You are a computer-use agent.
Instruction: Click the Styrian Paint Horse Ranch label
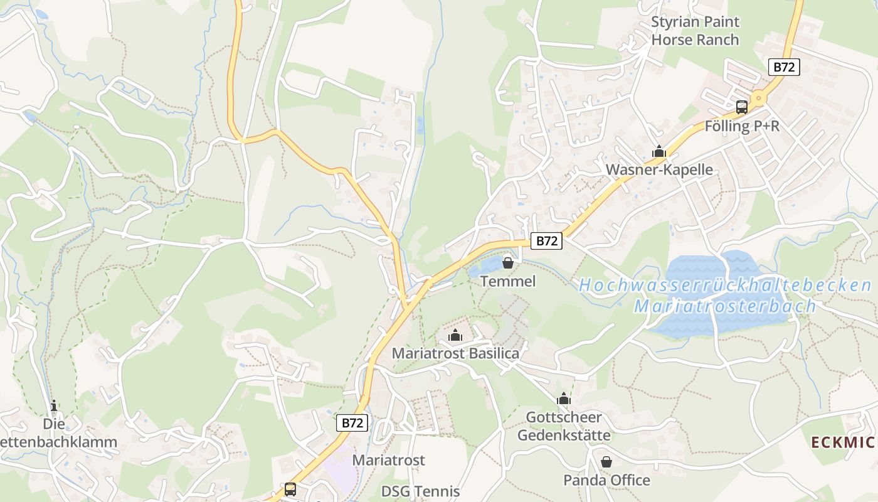tap(695, 31)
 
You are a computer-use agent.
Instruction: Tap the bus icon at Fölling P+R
tap(742, 107)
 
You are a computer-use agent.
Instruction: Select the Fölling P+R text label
tap(742, 126)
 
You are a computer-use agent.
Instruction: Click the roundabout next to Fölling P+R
tap(759, 98)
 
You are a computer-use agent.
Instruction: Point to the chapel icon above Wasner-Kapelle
tap(659, 151)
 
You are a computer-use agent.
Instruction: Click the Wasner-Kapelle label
tap(659, 169)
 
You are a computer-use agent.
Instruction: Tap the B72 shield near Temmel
tap(546, 241)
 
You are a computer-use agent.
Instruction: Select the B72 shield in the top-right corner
tap(785, 67)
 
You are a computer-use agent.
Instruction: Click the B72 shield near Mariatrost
tap(352, 423)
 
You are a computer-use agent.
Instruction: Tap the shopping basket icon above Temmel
tap(508, 263)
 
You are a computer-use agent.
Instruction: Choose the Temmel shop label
tap(508, 281)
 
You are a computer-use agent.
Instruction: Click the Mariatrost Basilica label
tap(455, 353)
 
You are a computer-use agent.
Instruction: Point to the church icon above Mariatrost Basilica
tap(455, 335)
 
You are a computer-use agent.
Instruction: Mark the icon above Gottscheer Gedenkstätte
tap(564, 398)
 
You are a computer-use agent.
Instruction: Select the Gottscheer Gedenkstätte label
tap(564, 426)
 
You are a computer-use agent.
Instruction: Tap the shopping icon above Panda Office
tap(606, 462)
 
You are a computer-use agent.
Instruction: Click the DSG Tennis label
tap(421, 491)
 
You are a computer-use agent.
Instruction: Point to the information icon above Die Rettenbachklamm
tap(54, 406)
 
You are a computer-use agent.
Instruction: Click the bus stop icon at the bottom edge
tap(290, 489)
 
